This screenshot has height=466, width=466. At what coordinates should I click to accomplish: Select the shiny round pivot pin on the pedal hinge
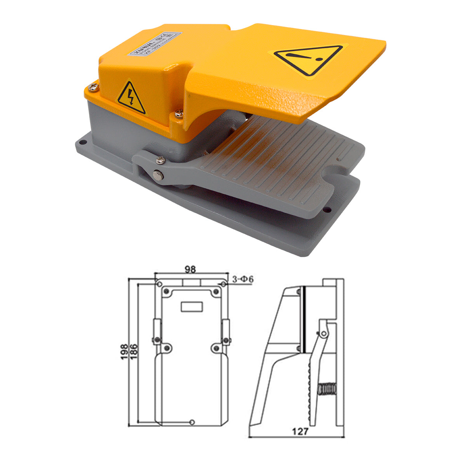coord(158,174)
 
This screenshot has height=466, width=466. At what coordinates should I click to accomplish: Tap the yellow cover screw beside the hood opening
coord(178,113)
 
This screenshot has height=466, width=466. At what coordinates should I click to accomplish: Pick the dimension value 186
coord(133,352)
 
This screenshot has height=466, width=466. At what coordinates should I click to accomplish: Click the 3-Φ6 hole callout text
coord(243,279)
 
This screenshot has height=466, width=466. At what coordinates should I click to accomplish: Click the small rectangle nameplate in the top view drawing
coord(192,307)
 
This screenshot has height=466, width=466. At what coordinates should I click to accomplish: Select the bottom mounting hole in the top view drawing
coord(192,422)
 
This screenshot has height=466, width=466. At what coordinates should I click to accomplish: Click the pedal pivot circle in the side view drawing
coord(322,333)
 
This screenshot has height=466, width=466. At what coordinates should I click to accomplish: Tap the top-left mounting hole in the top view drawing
coord(159,285)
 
